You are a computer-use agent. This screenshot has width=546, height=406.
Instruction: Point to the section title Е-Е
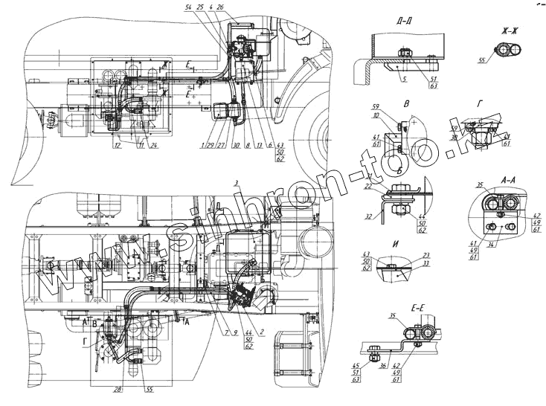[396, 306]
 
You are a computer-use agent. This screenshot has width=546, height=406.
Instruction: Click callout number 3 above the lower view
[235, 182]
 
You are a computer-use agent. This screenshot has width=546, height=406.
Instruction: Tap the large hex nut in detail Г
[476, 136]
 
